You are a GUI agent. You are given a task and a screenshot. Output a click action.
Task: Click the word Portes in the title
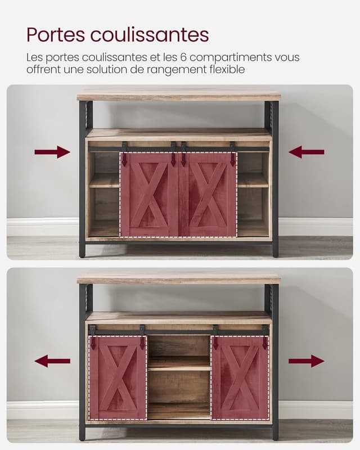click(x=55, y=35)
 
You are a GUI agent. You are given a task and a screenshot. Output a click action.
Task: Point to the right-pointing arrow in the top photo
click(x=52, y=152)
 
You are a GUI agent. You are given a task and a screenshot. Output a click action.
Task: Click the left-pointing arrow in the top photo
click(x=307, y=152)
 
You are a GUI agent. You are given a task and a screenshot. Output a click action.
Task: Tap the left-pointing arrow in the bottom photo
click(x=52, y=361)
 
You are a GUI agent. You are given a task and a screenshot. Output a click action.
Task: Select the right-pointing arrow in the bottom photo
click(x=307, y=361)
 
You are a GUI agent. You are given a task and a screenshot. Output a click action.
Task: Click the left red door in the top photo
click(x=149, y=194)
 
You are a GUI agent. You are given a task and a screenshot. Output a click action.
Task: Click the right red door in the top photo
click(x=208, y=194)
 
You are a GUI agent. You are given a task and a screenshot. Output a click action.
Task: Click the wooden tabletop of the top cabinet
click(x=179, y=94)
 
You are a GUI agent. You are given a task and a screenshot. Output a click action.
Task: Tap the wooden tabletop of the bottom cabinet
click(x=179, y=278)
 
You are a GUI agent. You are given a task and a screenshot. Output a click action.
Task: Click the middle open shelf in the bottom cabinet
click(x=179, y=363)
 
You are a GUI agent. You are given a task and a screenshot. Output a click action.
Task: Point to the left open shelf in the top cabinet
click(x=104, y=180)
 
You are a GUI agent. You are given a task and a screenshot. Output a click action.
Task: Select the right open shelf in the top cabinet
click(x=253, y=180)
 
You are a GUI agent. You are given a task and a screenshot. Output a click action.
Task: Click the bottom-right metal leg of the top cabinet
click(x=275, y=247)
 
